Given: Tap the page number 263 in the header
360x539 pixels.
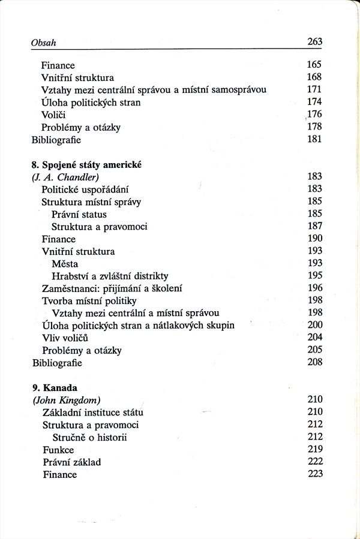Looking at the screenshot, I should [x=314, y=42].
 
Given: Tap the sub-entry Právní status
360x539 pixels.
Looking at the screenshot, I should [x=79, y=215].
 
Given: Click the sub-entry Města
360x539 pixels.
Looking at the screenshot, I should [x=65, y=264].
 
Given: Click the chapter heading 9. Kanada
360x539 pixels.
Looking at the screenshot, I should [x=52, y=387].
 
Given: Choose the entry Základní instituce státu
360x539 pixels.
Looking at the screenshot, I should [x=93, y=412].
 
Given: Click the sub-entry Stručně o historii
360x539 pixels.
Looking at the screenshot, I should [x=89, y=438].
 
